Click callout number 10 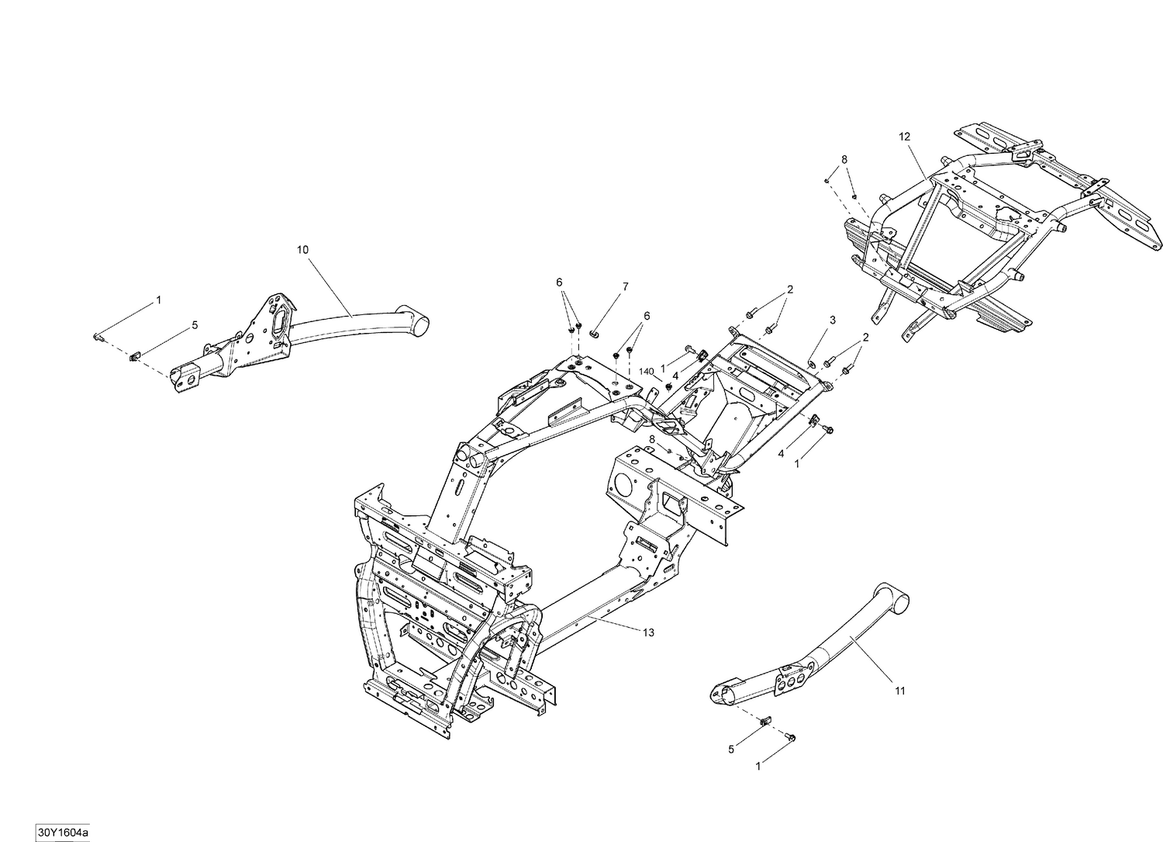click(302, 249)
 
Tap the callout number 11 click(899, 690)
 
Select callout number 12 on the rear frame click(904, 136)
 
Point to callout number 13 click(648, 632)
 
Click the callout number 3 click(832, 320)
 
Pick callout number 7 click(625, 287)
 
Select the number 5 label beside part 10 click(195, 324)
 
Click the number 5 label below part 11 click(731, 749)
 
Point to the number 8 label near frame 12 click(844, 159)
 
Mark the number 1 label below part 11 click(758, 766)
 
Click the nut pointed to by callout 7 click(594, 334)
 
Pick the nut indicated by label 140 click(668, 386)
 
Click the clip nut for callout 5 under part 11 click(765, 721)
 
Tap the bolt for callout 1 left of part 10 click(97, 336)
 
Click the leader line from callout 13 click(613, 624)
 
